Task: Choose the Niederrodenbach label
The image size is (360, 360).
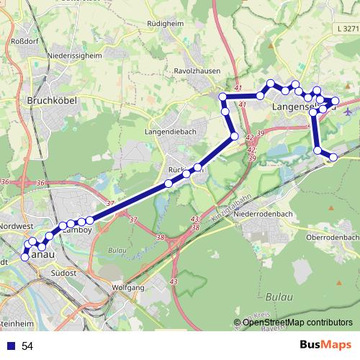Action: [x=271, y=215]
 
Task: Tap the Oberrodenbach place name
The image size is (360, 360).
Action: [x=332, y=237]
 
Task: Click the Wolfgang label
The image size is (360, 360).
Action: [x=129, y=287]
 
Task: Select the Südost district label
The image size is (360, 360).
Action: [x=63, y=273]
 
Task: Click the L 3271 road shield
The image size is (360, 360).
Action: [x=346, y=29]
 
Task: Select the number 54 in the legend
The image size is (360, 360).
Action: [x=27, y=346]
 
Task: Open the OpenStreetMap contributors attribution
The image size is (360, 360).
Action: [x=297, y=323]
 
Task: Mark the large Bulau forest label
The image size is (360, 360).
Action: [x=278, y=297]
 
